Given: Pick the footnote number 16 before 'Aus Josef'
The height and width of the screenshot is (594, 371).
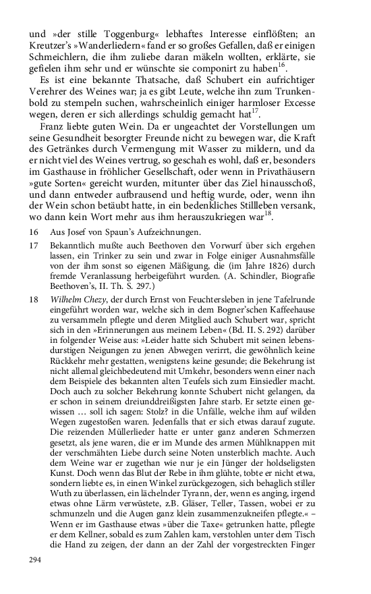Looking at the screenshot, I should pyautogui.click(x=34, y=232).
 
